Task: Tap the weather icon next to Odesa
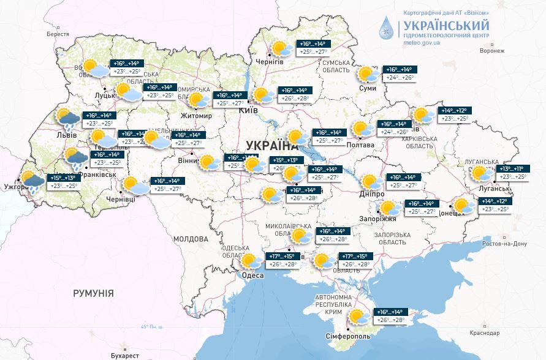249,263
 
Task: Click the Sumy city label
368,89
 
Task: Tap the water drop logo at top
387,28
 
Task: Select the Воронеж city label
491,51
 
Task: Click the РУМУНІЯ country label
93,294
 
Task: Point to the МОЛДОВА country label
191,239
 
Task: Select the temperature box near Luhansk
512,173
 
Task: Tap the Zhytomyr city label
195,116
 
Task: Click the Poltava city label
362,144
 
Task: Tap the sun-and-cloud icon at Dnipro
370,182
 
